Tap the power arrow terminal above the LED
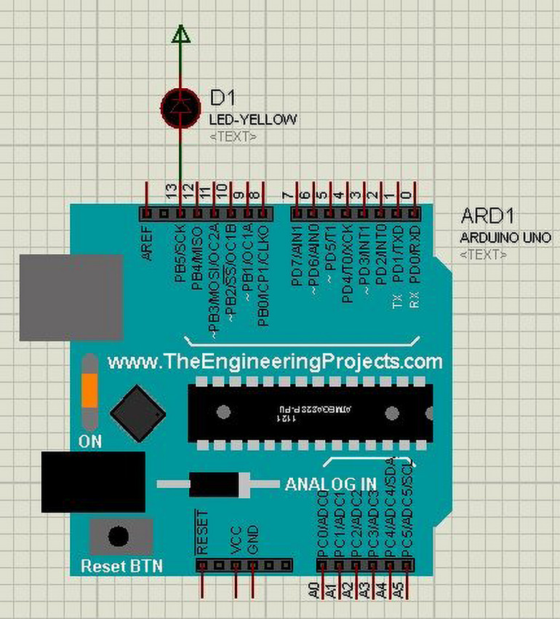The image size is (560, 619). click(181, 33)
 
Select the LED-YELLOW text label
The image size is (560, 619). click(252, 119)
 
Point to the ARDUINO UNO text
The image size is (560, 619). click(505, 237)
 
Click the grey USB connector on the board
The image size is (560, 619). click(70, 297)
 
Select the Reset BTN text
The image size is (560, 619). click(121, 566)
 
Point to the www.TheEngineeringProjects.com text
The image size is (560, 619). click(274, 361)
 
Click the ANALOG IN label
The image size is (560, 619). click(330, 484)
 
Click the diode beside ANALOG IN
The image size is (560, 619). click(218, 484)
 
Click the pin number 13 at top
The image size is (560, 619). click(171, 193)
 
